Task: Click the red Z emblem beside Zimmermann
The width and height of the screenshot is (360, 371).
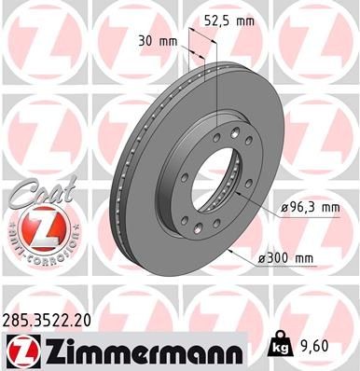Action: (x=22, y=350)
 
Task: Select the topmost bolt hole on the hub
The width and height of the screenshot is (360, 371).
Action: (x=217, y=136)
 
